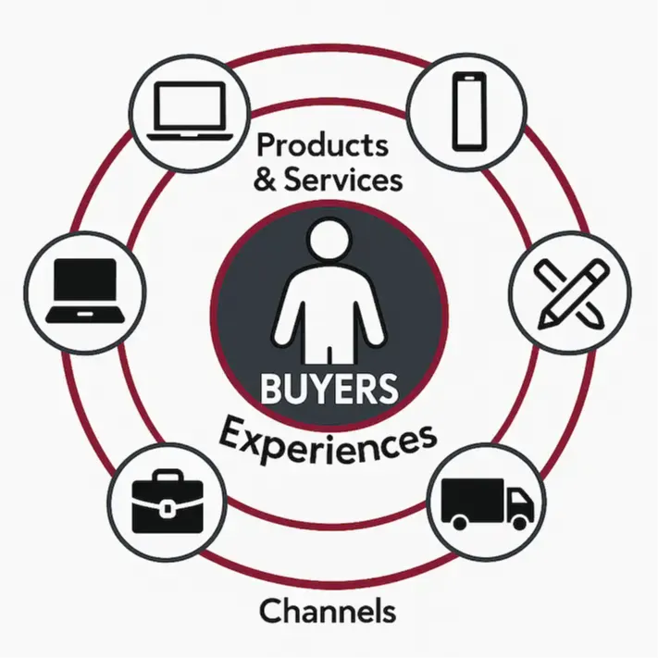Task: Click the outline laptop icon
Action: (190, 110)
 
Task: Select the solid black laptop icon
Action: (84, 290)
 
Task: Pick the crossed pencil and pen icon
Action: (572, 292)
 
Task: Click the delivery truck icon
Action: (488, 503)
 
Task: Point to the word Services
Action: (343, 179)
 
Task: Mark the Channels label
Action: (328, 611)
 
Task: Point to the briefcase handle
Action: (168, 478)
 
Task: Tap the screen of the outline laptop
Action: (190, 104)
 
